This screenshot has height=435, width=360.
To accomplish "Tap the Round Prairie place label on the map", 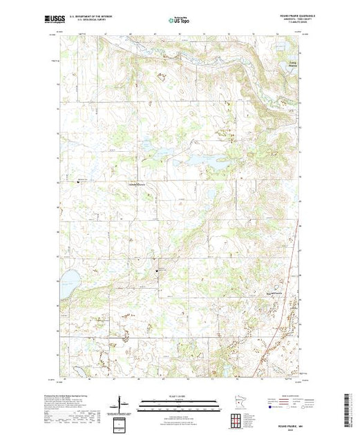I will point(275,292).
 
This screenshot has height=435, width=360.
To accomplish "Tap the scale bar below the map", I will point(179,401).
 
